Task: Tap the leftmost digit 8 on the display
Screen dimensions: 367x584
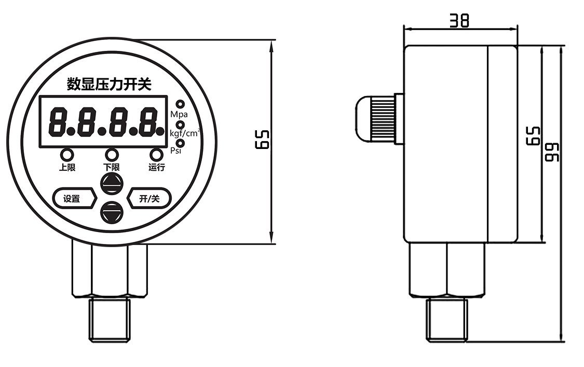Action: coord(58,121)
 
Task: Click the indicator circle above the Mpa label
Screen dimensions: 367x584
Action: coord(180,104)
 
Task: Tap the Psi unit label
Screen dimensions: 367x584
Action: coord(177,151)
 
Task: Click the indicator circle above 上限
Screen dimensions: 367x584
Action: coord(66,155)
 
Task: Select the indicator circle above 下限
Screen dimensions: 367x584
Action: coord(111,155)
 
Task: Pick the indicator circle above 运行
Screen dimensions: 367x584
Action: coord(156,155)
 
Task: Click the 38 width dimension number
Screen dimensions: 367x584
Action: coord(459,20)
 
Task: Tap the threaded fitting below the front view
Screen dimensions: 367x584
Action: coord(110,319)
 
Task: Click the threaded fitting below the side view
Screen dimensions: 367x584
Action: coord(447,319)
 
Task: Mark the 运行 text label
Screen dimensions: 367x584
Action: coord(156,167)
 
